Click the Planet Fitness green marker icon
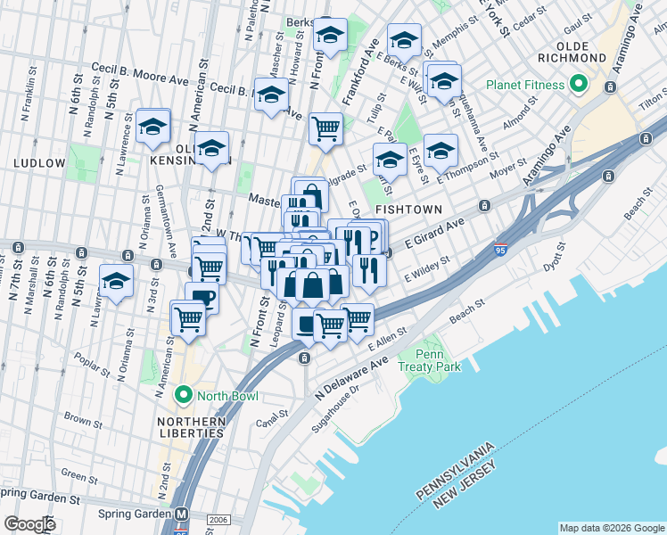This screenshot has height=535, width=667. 578,85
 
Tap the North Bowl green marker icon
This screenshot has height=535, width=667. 184,393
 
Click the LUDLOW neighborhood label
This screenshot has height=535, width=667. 39,163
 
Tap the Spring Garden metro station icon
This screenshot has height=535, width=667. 183,514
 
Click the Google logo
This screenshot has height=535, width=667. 29,524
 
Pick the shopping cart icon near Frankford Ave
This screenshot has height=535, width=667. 325,128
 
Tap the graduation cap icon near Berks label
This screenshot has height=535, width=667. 330,35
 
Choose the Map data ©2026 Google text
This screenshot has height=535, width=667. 612,527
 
